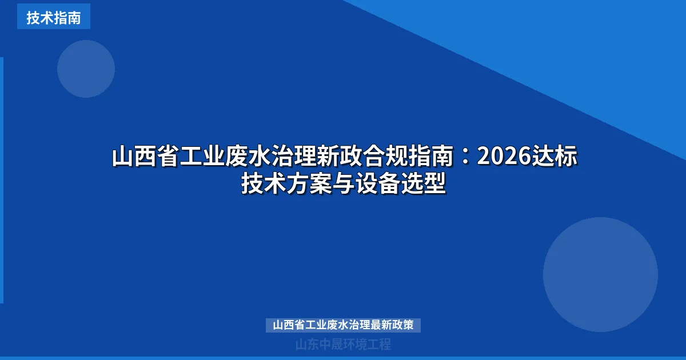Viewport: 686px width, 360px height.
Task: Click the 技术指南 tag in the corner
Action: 53,17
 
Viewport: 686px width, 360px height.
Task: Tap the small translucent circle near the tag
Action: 86,69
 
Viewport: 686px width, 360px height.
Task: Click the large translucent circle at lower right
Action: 600,274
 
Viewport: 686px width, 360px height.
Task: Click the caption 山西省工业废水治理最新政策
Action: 343,325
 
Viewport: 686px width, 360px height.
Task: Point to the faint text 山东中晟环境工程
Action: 343,345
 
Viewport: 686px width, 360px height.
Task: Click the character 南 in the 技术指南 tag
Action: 74,17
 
